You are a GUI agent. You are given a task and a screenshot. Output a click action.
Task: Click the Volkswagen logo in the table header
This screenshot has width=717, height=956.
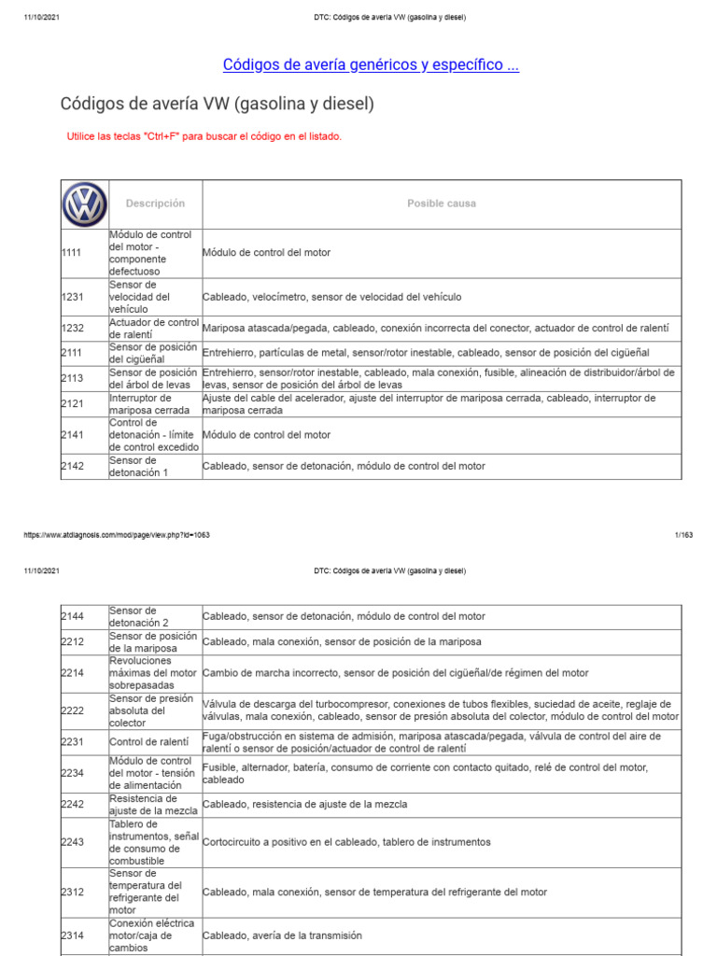pyautogui.click(x=85, y=204)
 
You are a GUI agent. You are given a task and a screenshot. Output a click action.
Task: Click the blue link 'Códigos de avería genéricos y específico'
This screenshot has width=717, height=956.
pyautogui.click(x=371, y=64)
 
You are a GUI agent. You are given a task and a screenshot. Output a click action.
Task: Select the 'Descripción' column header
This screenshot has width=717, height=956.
pyautogui.click(x=155, y=204)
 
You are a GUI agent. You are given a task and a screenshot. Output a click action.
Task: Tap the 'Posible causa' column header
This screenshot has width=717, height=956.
pyautogui.click(x=441, y=204)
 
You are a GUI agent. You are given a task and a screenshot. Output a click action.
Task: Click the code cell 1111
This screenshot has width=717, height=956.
pyautogui.click(x=72, y=253)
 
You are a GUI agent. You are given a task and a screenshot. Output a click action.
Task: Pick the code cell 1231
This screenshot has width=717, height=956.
pyautogui.click(x=72, y=297)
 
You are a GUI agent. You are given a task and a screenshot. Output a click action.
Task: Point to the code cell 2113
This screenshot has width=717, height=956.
pyautogui.click(x=72, y=379)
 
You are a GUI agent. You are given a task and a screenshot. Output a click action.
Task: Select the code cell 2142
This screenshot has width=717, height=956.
pyautogui.click(x=72, y=466)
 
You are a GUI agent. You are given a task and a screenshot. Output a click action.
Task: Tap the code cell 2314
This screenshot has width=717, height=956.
pyautogui.click(x=72, y=935)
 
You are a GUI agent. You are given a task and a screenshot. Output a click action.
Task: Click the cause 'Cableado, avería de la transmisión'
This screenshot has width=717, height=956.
pyautogui.click(x=282, y=935)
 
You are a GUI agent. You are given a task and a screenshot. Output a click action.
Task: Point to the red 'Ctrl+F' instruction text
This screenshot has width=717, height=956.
pyautogui.click(x=204, y=137)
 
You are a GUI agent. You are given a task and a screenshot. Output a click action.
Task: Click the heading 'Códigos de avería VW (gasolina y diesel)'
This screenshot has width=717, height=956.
pyautogui.click(x=218, y=104)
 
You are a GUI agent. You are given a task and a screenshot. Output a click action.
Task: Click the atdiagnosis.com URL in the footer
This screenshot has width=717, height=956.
pyautogui.click(x=116, y=535)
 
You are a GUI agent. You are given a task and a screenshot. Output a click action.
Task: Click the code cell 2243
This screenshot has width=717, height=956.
pyautogui.click(x=72, y=842)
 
